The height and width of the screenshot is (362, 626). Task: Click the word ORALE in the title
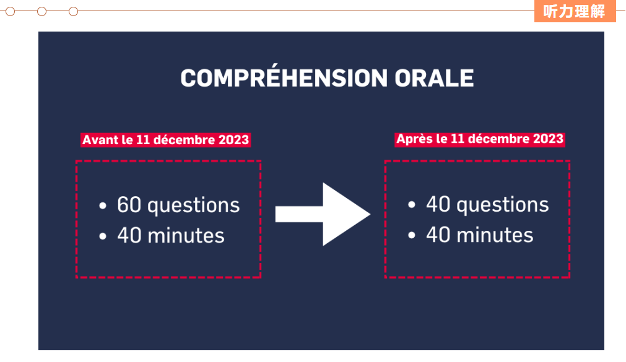click(x=434, y=78)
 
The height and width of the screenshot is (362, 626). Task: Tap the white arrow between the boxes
click(x=323, y=214)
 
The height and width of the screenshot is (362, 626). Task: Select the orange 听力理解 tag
click(x=575, y=11)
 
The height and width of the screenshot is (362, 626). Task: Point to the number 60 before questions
click(x=129, y=205)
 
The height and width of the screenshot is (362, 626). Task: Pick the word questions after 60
click(x=194, y=206)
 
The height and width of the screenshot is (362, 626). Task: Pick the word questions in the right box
click(x=503, y=205)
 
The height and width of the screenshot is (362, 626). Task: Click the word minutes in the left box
click(x=186, y=236)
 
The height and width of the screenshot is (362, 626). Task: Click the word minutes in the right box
click(x=495, y=235)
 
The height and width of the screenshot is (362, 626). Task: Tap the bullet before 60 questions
click(x=103, y=205)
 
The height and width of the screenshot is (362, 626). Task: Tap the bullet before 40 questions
click(x=412, y=205)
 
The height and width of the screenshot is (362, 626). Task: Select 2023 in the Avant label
click(x=233, y=140)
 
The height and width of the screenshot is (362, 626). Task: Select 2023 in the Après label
click(x=548, y=139)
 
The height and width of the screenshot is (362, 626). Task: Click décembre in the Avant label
click(x=184, y=140)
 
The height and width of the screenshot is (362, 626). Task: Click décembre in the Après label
click(x=498, y=139)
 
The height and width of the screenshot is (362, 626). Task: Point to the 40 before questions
click(x=438, y=204)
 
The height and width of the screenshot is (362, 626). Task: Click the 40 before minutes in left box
click(x=129, y=235)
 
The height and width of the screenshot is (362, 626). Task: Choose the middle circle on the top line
click(x=41, y=12)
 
